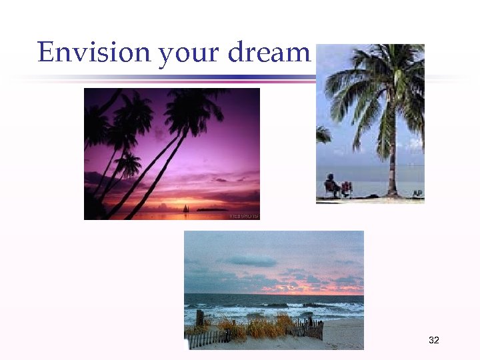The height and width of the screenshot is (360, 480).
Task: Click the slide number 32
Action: (x=434, y=341)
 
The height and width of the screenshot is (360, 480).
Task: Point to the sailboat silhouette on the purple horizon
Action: (x=185, y=208)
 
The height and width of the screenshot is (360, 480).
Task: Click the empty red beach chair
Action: (x=346, y=189)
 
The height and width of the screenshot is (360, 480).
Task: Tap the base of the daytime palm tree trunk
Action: (x=392, y=194)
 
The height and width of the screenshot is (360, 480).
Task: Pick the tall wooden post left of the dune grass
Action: (x=199, y=319)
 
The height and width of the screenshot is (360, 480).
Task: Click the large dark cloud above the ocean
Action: (x=250, y=261)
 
